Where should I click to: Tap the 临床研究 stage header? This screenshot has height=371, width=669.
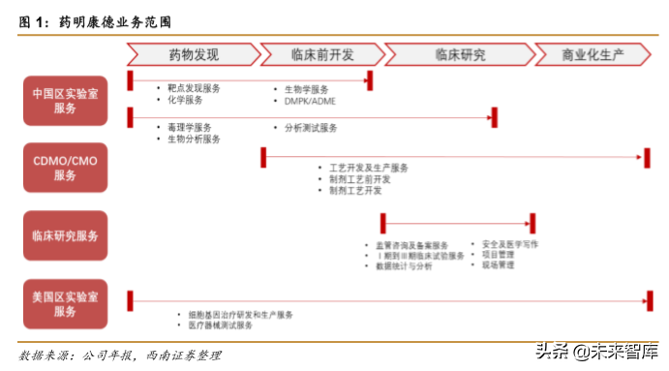[461, 54]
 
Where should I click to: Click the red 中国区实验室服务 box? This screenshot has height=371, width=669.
[66, 101]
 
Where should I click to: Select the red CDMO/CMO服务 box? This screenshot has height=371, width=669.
[66, 167]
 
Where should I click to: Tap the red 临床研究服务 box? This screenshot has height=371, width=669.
[66, 235]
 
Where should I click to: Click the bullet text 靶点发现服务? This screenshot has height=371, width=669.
[194, 88]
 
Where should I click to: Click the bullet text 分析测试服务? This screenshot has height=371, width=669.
[311, 127]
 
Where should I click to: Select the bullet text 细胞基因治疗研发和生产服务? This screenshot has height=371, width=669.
[241, 315]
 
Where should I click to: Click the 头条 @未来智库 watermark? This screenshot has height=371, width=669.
[591, 351]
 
